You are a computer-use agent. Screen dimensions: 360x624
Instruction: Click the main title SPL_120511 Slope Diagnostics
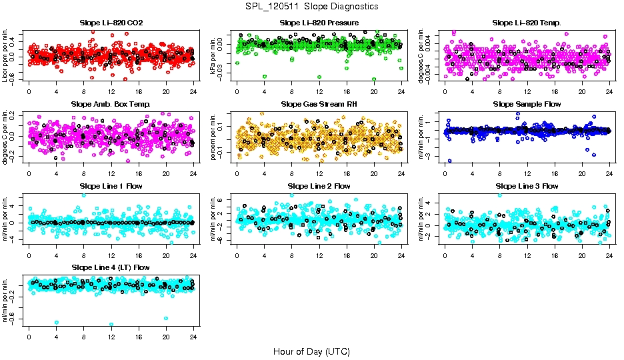pos(312,7)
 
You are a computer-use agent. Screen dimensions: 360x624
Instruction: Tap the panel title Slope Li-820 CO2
pos(111,23)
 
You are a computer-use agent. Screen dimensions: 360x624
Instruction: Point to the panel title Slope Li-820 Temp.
pos(527,23)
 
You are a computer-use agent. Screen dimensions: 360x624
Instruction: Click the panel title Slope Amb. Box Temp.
pos(111,105)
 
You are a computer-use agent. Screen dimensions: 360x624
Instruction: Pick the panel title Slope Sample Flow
pos(527,105)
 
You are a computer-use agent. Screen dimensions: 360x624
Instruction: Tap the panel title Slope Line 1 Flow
pos(111,186)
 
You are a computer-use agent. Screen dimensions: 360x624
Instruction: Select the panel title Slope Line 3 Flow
pos(527,186)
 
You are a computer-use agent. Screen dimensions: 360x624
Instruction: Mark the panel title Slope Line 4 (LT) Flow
pos(111,267)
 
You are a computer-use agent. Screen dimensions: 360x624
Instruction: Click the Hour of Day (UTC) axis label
pos(311,351)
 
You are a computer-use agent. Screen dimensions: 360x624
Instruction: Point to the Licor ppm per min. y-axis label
pos(6,55)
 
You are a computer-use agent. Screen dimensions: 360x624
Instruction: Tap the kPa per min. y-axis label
pos(214,55)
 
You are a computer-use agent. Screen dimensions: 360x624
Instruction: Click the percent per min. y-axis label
pos(214,136)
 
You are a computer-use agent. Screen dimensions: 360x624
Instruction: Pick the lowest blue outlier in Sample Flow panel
pos(449,161)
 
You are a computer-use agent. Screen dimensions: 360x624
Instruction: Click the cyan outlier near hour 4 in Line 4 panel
pos(57,323)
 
